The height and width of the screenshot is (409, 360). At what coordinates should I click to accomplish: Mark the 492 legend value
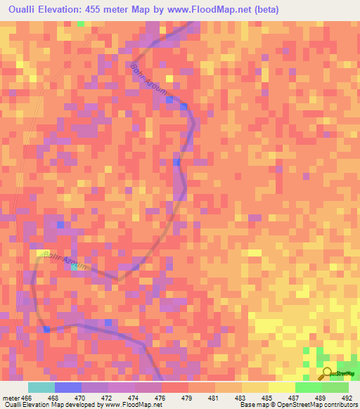[347, 397]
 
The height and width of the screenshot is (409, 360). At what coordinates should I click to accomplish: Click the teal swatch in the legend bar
[41, 387]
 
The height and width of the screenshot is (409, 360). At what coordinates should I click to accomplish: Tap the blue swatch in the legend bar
[67, 387]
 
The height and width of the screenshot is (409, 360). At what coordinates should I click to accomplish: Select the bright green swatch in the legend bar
[308, 387]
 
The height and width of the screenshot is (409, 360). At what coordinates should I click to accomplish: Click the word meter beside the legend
[11, 397]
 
